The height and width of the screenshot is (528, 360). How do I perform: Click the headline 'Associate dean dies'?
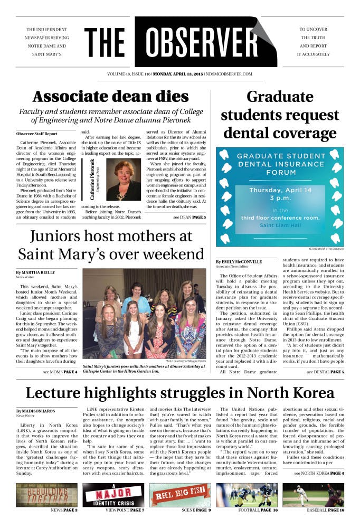click(x=110, y=97)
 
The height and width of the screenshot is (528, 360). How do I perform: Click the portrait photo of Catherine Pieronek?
click(x=124, y=180)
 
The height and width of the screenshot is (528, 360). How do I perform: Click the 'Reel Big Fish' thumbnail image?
click(x=180, y=495)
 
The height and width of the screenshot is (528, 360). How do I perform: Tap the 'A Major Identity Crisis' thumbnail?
click(x=113, y=495)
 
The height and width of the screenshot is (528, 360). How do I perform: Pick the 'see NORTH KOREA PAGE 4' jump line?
click(x=319, y=474)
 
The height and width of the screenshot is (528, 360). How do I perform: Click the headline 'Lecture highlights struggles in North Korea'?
click(x=179, y=393)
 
